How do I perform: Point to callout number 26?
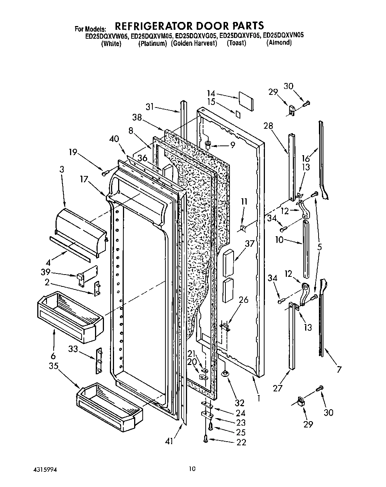[243, 300]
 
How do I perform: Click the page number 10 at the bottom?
[192, 469]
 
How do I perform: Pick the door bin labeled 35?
[110, 404]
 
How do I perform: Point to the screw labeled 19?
[104, 173]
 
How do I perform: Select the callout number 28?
[278, 126]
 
